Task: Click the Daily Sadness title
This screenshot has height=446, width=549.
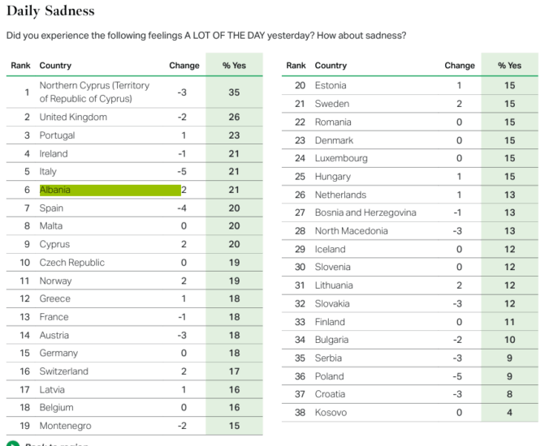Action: (50, 11)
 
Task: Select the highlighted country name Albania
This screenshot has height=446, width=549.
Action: (55, 190)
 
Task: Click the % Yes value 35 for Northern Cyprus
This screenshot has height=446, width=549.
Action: (234, 92)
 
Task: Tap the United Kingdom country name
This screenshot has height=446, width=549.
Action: (73, 117)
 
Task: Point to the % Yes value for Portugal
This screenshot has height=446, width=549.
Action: (234, 135)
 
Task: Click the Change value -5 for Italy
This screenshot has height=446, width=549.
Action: (182, 171)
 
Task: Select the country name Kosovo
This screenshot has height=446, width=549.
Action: (331, 412)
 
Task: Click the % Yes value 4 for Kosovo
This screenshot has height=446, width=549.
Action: (509, 412)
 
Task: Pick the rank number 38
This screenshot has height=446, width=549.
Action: (300, 412)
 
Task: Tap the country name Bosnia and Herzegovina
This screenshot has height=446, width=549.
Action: (365, 212)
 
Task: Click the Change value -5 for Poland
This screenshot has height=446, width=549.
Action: (459, 376)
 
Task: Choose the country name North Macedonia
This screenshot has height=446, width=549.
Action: (352, 230)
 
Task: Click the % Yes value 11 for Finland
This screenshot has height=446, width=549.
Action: (509, 322)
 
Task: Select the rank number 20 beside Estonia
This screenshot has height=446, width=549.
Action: (300, 85)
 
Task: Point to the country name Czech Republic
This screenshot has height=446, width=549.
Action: (72, 263)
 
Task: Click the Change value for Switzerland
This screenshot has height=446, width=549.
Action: (184, 371)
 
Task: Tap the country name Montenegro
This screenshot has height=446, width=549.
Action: (65, 426)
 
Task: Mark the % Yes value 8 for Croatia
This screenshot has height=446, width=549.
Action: (509, 394)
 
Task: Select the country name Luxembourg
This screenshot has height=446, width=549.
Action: (341, 158)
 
